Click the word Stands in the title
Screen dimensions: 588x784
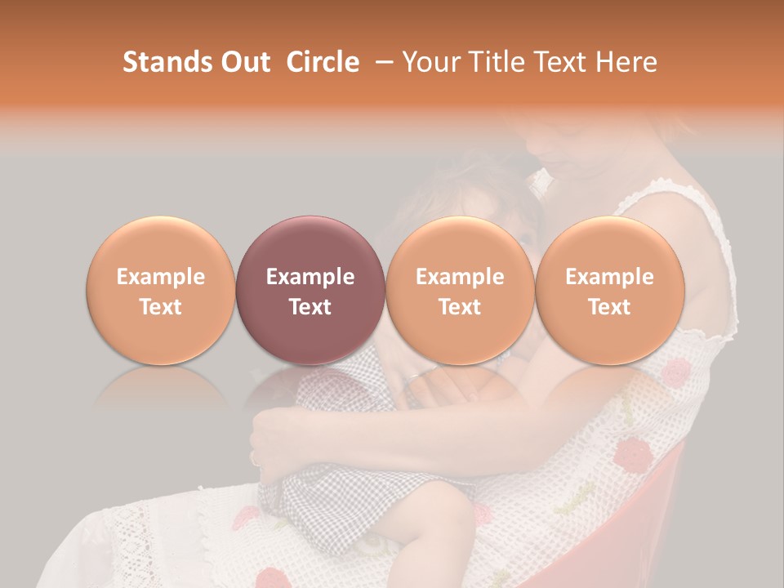[x=166, y=62]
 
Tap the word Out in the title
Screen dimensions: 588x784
[x=243, y=62]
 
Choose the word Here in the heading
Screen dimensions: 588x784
[x=626, y=62]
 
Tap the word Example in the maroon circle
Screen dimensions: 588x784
[x=310, y=277]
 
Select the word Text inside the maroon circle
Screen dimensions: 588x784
[x=310, y=307]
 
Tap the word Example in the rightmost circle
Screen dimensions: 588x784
[x=609, y=277]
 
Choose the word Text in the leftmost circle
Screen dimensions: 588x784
[x=160, y=307]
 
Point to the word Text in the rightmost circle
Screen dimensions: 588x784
[x=609, y=307]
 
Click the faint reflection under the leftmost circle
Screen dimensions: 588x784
[x=160, y=388]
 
